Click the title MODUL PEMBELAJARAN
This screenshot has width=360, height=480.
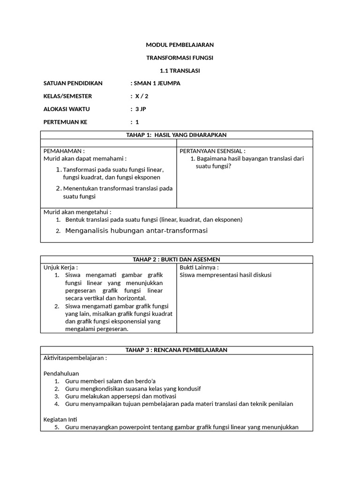(x=180, y=45)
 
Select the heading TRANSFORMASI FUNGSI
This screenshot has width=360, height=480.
(x=180, y=58)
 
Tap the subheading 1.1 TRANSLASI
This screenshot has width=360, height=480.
(x=180, y=71)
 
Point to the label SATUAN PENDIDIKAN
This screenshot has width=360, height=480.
(x=73, y=83)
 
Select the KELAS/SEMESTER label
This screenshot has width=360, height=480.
(x=67, y=96)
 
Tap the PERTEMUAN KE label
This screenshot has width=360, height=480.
(x=65, y=122)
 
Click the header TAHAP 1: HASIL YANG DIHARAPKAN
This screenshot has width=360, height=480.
(x=176, y=135)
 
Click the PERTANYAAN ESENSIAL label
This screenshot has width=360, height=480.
(x=212, y=151)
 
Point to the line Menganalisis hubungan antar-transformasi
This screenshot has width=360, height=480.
(x=136, y=231)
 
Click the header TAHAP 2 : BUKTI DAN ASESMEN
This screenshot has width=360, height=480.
(x=176, y=259)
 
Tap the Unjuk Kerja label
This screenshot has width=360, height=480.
(x=60, y=267)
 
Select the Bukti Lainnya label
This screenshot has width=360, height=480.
(x=199, y=267)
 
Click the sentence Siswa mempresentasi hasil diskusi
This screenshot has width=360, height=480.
(x=225, y=275)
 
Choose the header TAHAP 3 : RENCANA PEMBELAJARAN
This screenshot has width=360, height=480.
(x=176, y=350)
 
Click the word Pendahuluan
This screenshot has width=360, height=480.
(x=61, y=374)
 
